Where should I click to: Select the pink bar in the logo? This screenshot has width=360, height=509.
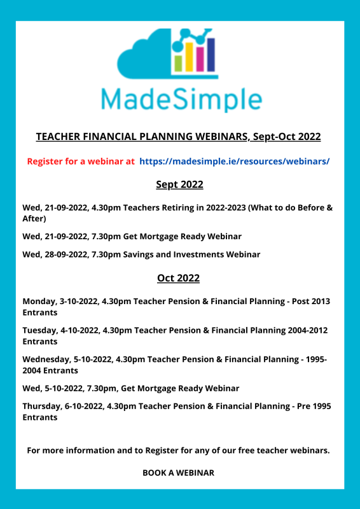(x=200, y=56)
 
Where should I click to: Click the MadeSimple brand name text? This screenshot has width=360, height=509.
(x=181, y=99)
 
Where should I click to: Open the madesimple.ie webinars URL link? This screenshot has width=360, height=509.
(x=234, y=161)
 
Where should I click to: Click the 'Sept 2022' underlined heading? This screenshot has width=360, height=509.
(x=179, y=185)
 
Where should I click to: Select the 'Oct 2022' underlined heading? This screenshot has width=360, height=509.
(x=178, y=278)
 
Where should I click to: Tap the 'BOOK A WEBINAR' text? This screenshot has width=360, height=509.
(x=178, y=473)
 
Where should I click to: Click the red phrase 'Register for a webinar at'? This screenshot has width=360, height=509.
(x=81, y=161)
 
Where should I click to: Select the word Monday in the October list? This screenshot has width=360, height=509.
(x=39, y=301)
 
